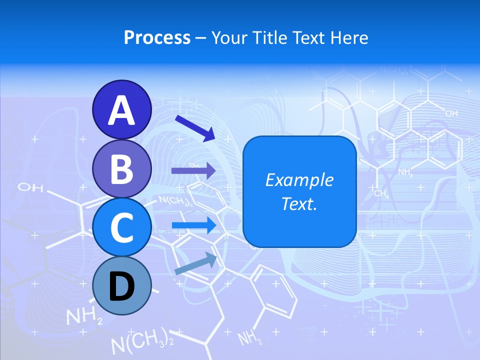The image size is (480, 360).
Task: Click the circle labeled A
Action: click(121, 109)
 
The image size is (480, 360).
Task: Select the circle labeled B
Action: click(121, 168)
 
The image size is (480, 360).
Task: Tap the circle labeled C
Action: click(121, 227)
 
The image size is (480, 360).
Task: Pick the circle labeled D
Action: click(121, 286)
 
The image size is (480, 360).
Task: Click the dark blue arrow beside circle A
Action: click(195, 128)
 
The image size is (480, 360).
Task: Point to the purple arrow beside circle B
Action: click(193, 170)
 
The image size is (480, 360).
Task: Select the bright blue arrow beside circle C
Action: click(193, 225)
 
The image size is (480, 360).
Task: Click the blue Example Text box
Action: click(299, 191)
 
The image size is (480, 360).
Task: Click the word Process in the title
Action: click(157, 37)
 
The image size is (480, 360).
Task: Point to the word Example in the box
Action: click(299, 180)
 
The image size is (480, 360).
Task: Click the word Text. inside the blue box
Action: click(299, 203)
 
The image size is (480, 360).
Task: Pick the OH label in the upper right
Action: click(451, 114)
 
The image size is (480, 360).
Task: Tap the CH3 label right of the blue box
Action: click(381, 193)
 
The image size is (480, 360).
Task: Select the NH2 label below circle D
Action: click(84, 316)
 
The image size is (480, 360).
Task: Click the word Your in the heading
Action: click(227, 37)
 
